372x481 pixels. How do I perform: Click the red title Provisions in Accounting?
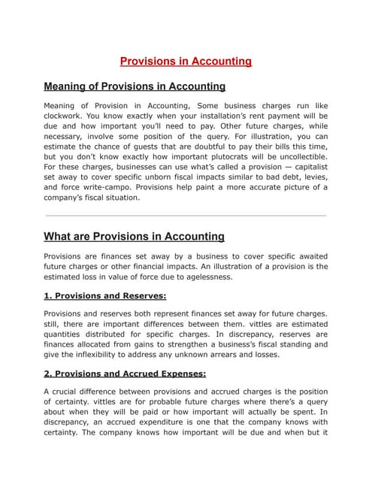point(186,61)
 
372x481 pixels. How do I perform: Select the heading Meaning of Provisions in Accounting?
point(135,86)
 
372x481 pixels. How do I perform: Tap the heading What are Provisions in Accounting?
point(134,237)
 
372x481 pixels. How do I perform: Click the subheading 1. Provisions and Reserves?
point(105,295)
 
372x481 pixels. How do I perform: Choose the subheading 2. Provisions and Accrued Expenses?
point(125,374)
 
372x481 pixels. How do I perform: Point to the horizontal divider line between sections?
point(186,216)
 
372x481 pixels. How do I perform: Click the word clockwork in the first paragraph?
point(68,119)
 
